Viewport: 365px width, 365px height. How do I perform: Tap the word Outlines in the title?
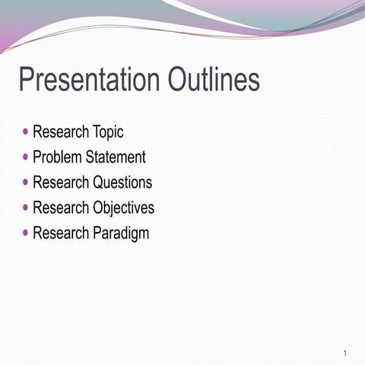[x=209, y=81]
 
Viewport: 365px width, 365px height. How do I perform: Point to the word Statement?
[x=116, y=157]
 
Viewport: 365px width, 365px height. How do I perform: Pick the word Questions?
[x=122, y=182]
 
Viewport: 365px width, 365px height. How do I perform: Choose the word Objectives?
[x=123, y=208]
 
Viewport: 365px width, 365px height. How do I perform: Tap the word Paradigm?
[x=121, y=233]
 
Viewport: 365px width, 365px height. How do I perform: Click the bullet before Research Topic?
[x=27, y=132]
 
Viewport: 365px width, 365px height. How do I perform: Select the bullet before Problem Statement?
[x=27, y=157]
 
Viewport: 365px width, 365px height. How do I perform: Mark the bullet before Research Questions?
[x=27, y=182]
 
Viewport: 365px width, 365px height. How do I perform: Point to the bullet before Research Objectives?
[x=27, y=207]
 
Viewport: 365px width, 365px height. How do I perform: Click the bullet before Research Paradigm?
[x=27, y=232]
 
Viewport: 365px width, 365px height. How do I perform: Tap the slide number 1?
[x=345, y=354]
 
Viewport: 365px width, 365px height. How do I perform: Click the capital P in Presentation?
[x=26, y=81]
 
